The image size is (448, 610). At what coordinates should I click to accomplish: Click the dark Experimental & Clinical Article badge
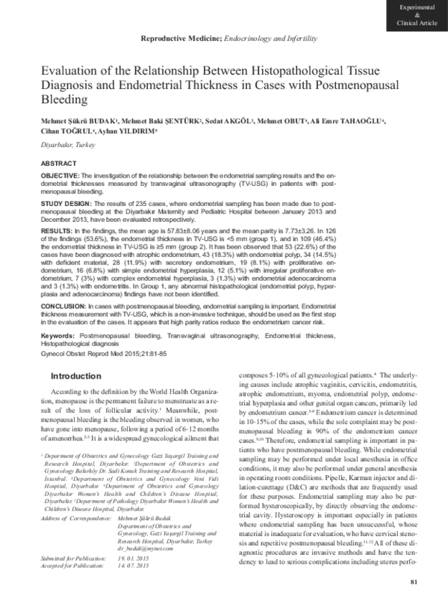point(417,15)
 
